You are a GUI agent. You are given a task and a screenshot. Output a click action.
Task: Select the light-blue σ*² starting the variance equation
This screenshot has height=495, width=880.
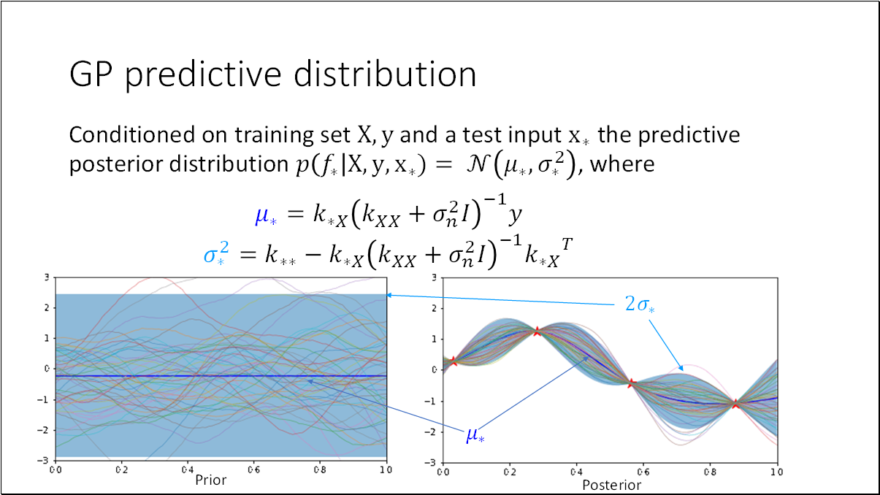coord(211,253)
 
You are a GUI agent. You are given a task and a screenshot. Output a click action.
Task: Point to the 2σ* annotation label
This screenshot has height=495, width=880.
coord(640,304)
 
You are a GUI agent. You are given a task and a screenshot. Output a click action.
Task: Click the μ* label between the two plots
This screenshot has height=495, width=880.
coord(475,435)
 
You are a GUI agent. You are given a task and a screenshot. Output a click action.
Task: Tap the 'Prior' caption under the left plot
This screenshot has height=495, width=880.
coord(211,480)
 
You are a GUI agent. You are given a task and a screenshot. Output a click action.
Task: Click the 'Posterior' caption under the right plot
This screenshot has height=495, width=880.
coord(611,485)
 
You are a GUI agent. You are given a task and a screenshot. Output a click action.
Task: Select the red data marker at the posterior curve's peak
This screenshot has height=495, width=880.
coord(537,331)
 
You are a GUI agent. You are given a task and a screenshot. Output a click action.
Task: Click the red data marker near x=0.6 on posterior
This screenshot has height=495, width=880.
coord(632,383)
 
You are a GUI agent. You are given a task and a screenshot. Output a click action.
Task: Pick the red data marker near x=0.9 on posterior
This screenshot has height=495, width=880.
coord(735,404)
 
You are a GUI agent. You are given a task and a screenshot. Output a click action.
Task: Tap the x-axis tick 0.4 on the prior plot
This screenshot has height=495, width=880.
coord(187,469)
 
